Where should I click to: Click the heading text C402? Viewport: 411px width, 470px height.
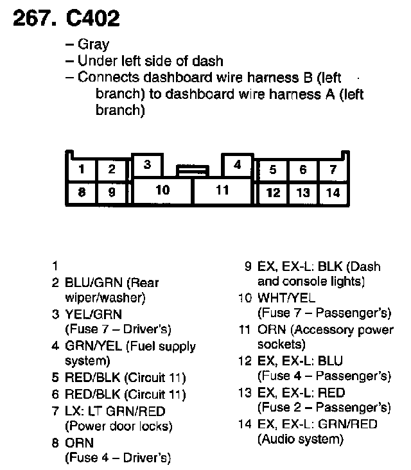click(92, 19)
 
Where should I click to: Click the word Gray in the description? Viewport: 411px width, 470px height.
click(93, 44)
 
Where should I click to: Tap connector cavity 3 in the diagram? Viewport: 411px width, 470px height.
click(147, 164)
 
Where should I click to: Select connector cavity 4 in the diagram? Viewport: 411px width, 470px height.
click(237, 165)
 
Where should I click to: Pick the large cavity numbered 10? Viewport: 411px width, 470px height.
click(162, 190)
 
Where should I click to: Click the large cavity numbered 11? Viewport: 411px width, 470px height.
click(222, 190)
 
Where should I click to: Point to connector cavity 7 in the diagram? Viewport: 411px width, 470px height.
click(333, 170)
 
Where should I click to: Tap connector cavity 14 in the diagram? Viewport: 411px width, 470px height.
click(333, 192)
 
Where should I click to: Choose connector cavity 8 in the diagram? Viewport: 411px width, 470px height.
click(82, 191)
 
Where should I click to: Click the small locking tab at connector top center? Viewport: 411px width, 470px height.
click(193, 170)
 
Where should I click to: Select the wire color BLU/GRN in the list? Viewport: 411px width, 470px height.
click(94, 283)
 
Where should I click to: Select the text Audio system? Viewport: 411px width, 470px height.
click(300, 440)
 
